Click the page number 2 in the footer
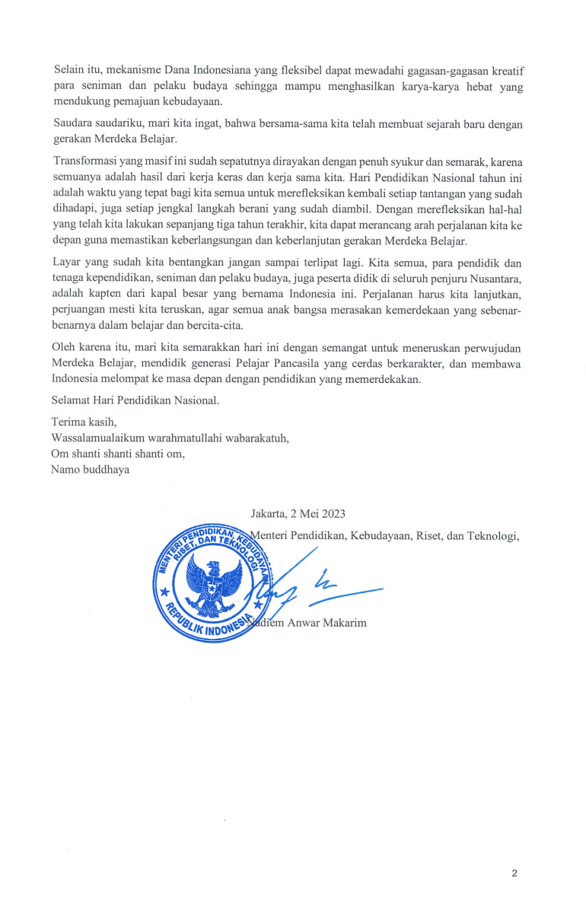coord(514,873)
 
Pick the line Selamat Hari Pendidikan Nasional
coord(135,399)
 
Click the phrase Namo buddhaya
coord(90,469)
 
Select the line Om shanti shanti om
coord(118,454)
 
